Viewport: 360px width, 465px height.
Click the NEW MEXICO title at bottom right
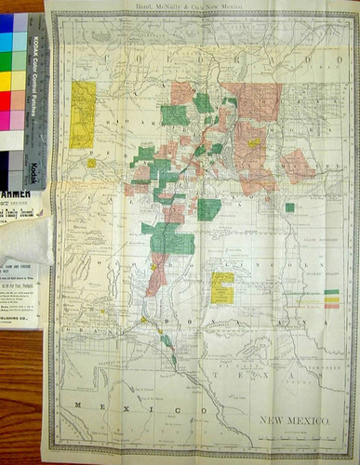[x=298, y=421]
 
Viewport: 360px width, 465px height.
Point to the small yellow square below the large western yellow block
[x=91, y=164]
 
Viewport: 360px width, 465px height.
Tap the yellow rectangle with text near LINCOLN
[x=222, y=286]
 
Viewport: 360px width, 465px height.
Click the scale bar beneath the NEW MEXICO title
[x=298, y=432]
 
